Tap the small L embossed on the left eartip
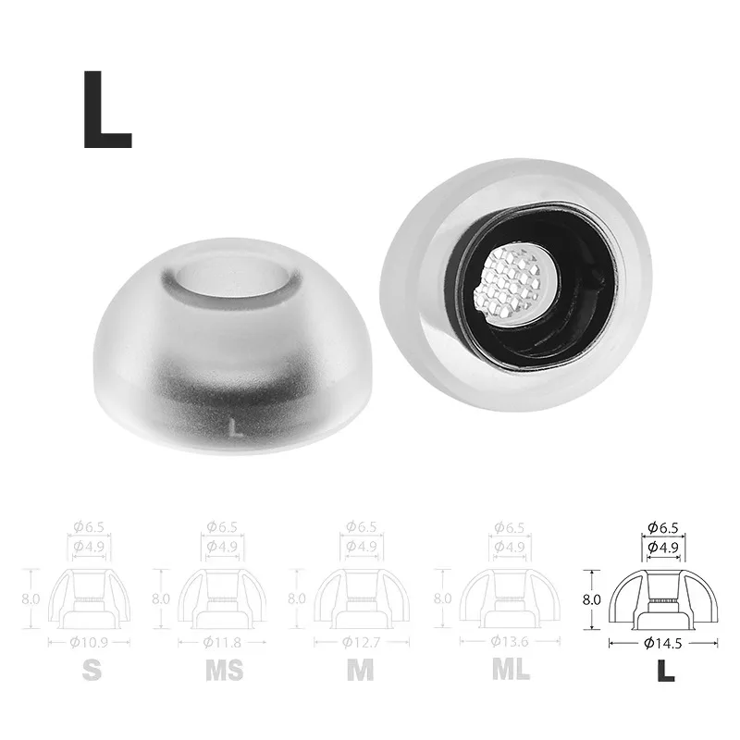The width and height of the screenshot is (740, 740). [x=238, y=428]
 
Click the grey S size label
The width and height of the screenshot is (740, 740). [x=91, y=669]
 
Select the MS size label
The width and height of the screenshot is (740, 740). [x=223, y=669]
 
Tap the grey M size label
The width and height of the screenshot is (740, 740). [x=361, y=669]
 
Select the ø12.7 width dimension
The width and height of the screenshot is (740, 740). [x=362, y=641]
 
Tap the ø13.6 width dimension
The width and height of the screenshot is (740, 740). [x=503, y=641]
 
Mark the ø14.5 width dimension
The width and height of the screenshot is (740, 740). [x=665, y=641]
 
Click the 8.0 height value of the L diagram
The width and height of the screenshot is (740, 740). [x=592, y=598]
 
